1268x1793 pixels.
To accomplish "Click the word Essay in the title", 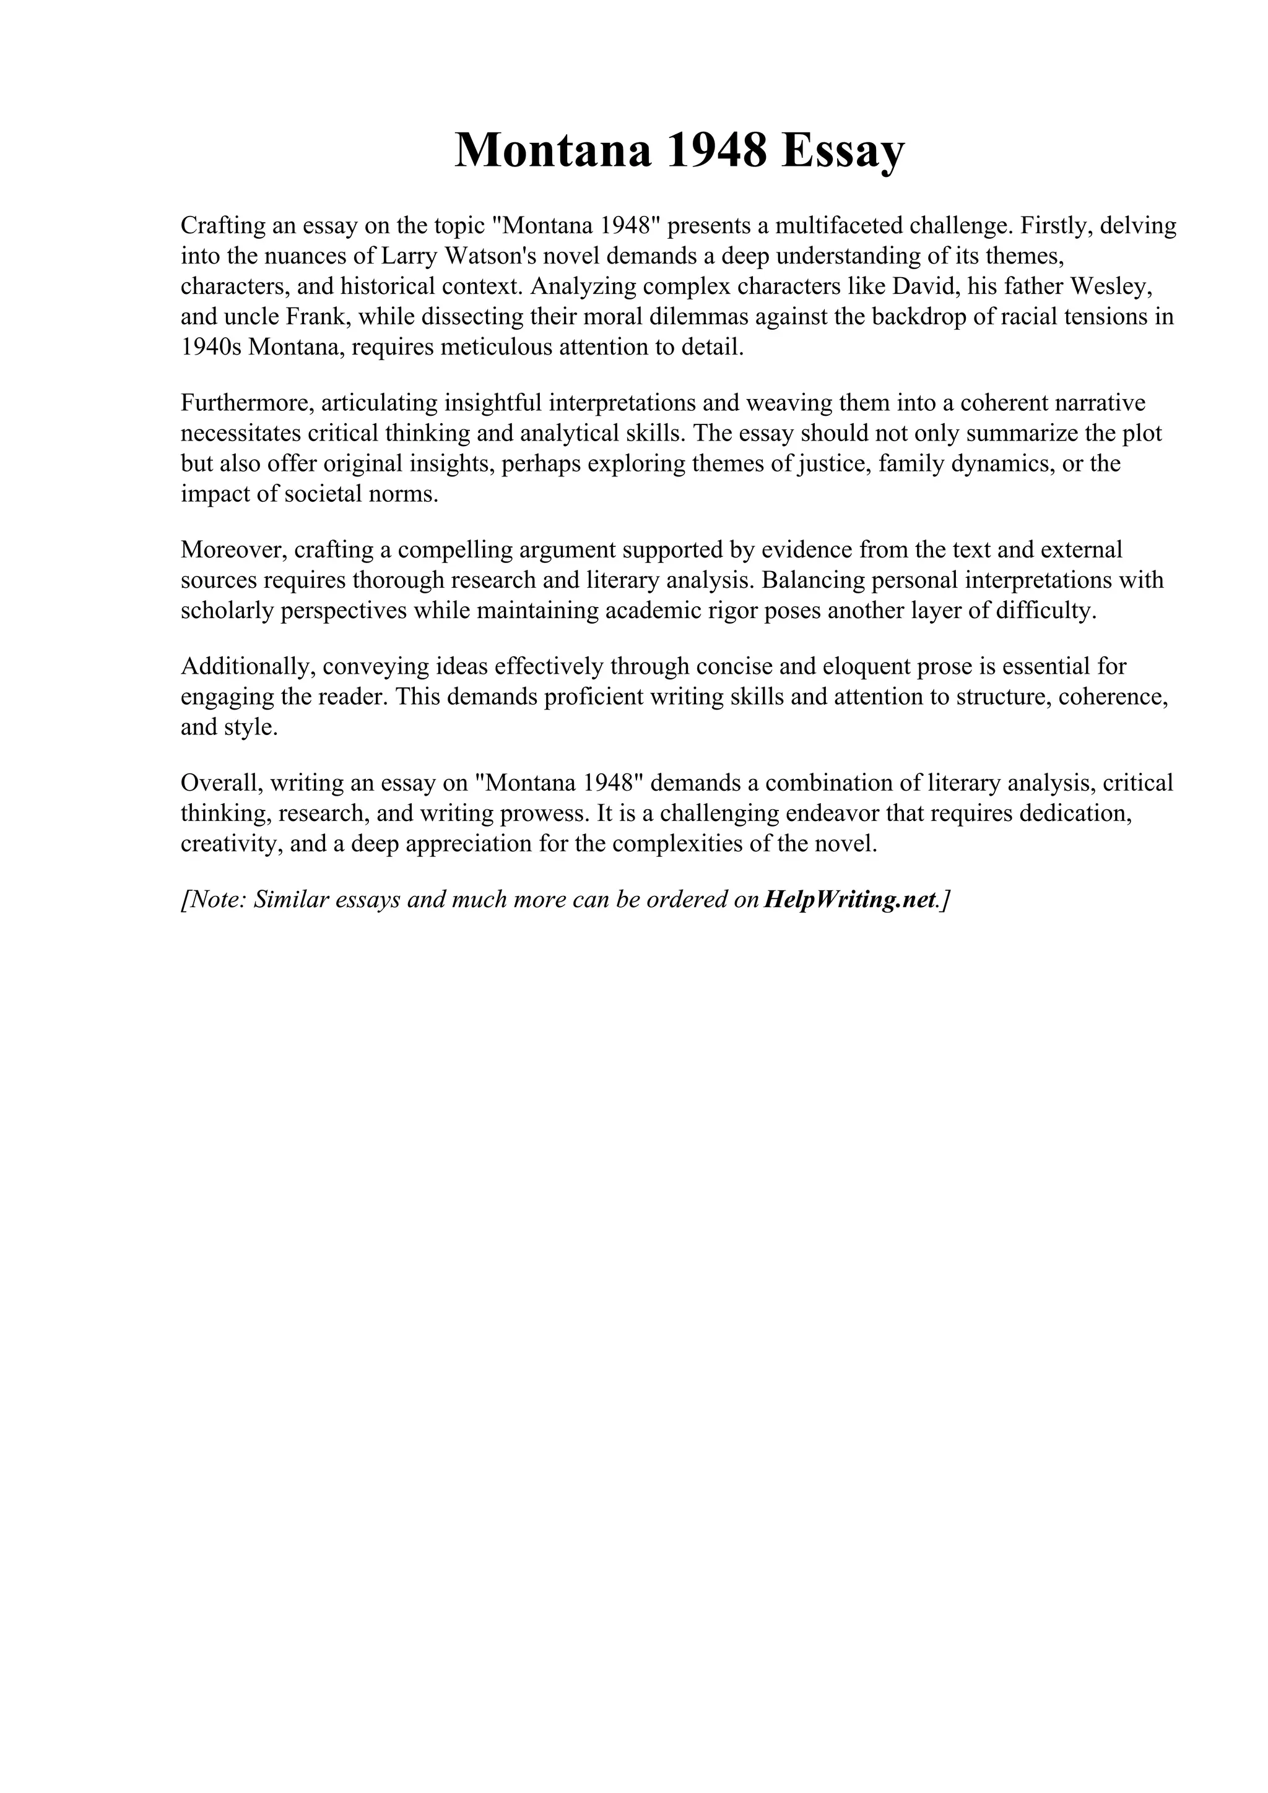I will coord(842,151).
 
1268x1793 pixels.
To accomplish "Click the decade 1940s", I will coord(211,348).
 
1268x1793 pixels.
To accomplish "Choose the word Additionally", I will coord(247,667).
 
